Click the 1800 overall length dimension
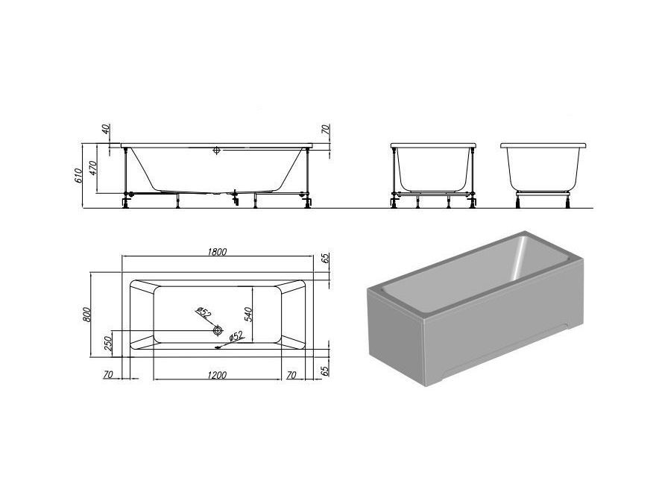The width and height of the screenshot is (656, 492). coord(217,251)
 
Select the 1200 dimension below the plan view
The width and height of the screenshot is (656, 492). coord(217,374)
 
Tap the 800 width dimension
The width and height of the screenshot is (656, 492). coord(86,314)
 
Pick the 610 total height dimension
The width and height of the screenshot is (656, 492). coord(78,175)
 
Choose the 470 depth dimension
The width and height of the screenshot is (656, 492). coord(93,168)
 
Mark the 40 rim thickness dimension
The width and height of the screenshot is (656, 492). coord(105,128)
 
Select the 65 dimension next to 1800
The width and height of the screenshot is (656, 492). coord(326,258)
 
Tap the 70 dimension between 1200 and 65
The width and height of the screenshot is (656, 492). coord(291,375)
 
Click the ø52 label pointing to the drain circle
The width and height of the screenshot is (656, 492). coord(204,312)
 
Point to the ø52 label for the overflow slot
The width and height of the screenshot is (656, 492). coord(236,335)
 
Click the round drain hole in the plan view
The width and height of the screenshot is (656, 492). coord(217,330)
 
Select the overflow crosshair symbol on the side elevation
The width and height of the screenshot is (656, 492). coord(216,150)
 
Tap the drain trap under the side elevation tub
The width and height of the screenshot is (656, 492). coord(236,198)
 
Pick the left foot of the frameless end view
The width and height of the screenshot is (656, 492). coord(519,203)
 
